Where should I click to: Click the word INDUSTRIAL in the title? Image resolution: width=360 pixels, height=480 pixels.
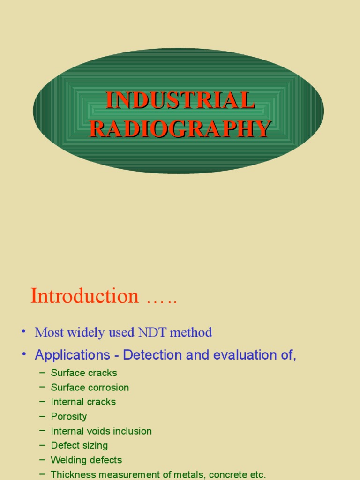(x=180, y=100)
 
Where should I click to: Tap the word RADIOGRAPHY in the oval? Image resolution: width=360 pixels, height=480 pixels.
(x=180, y=129)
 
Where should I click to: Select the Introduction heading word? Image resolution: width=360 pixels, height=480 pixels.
(x=85, y=296)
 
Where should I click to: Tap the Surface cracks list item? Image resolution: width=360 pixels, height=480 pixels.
(x=84, y=373)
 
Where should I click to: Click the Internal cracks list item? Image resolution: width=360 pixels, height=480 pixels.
(x=83, y=402)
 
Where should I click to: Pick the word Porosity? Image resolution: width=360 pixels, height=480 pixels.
(x=69, y=417)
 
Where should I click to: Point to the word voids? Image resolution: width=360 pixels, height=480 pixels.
(x=101, y=431)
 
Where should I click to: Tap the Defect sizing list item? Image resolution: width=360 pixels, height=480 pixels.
(x=79, y=445)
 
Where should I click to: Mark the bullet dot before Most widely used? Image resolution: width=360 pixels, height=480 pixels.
(x=23, y=332)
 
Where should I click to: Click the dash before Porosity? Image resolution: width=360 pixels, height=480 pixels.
(x=43, y=416)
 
